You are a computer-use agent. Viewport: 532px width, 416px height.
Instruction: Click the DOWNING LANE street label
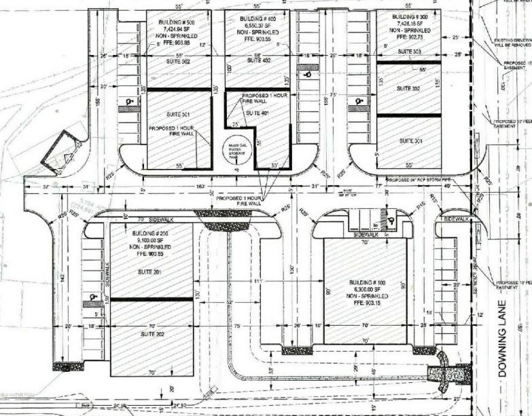pyautogui.click(x=505, y=353)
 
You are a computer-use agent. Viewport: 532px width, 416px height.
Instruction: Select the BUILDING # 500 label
pyautogui.click(x=175, y=22)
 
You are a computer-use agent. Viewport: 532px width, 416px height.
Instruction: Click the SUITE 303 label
pyautogui.click(x=409, y=52)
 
